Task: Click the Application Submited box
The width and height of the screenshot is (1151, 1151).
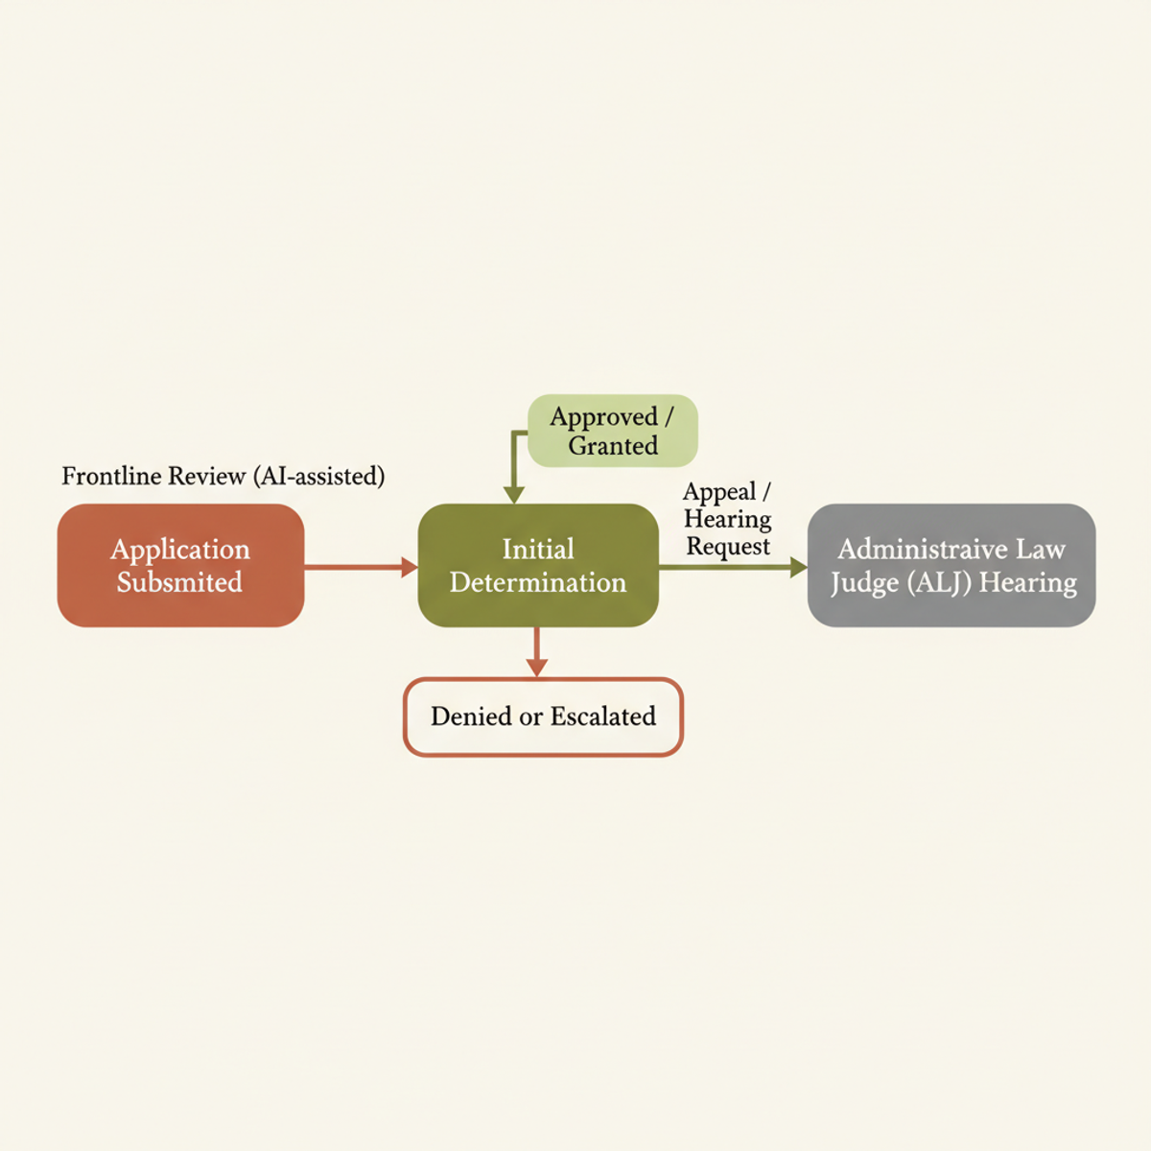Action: [180, 565]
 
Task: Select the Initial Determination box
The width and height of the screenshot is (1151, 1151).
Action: [538, 565]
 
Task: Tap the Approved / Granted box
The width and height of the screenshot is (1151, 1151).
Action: [613, 431]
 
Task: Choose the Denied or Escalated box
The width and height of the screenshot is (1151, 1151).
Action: [543, 716]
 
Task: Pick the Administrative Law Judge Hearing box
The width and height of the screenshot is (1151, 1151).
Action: [951, 565]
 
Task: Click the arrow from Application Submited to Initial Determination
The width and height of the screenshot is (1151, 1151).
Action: [361, 567]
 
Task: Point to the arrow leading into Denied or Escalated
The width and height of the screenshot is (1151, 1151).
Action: [537, 652]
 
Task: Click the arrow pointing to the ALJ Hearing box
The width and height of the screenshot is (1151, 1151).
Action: [733, 567]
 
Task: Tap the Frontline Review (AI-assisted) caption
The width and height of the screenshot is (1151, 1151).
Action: [223, 476]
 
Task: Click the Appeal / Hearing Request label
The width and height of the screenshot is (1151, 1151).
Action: [727, 519]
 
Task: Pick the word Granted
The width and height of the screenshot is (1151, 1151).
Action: [613, 446]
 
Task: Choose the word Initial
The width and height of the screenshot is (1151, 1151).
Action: [538, 549]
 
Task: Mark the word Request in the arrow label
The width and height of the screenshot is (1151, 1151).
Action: [728, 547]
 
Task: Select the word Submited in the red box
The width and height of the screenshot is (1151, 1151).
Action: [179, 582]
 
